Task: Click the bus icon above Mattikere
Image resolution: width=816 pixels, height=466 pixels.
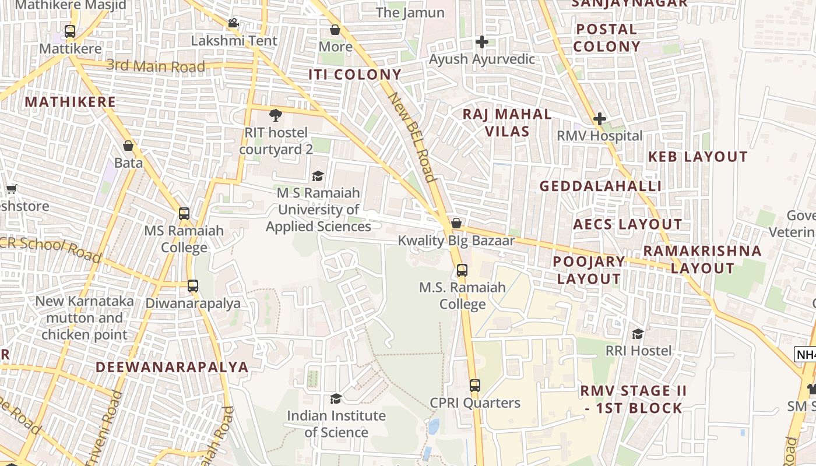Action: (70, 31)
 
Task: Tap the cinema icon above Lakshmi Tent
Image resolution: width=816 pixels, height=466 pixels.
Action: (234, 23)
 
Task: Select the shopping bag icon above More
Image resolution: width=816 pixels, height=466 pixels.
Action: (335, 30)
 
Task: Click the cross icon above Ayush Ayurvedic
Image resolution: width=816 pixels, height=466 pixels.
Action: (481, 42)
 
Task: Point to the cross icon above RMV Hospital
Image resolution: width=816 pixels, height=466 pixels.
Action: (599, 119)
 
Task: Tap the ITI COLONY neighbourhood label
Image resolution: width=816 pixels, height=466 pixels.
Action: (355, 75)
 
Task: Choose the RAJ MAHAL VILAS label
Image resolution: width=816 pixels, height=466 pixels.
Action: (507, 122)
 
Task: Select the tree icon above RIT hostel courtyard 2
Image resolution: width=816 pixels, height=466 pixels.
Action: (275, 115)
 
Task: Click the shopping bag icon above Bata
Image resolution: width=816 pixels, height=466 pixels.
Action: (128, 146)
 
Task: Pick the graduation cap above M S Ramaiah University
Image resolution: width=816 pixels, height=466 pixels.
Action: (318, 176)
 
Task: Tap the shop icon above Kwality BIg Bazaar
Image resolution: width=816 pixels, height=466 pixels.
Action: (456, 223)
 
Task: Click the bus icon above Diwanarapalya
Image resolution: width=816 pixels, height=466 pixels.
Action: (193, 286)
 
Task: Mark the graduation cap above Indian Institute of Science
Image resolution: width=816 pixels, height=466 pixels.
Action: (336, 398)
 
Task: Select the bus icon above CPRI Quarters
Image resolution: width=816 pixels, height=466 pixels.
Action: (475, 385)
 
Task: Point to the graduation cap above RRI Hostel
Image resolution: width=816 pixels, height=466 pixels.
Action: (638, 334)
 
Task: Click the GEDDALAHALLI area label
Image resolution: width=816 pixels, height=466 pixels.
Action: (600, 186)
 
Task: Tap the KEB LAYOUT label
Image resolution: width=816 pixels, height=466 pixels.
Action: (698, 157)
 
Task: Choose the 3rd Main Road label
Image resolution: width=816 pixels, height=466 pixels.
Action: (156, 66)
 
